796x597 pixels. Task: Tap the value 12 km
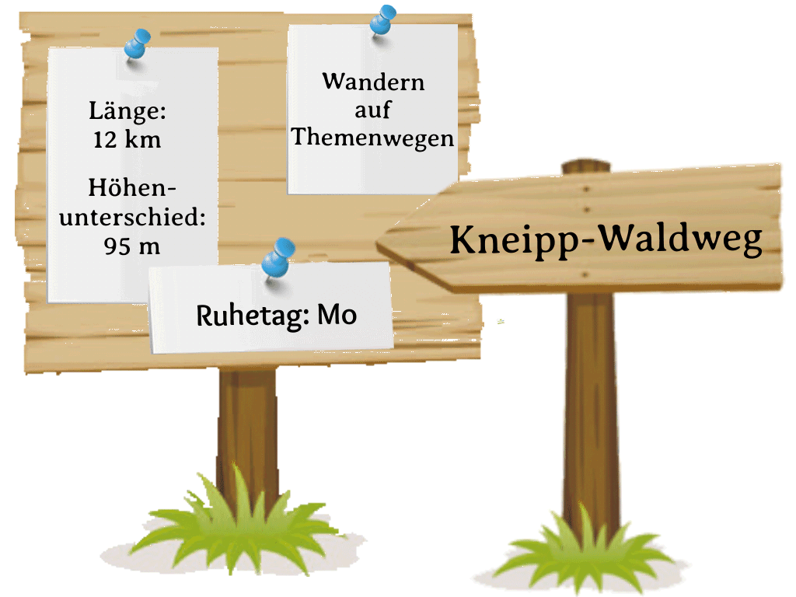tap(126, 140)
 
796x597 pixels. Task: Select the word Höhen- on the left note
tap(132, 189)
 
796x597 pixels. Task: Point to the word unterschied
tap(132, 218)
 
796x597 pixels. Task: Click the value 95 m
tap(131, 246)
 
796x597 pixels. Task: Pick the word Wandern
tap(373, 82)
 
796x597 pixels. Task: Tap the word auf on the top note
tap(372, 110)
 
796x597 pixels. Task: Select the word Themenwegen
tap(372, 138)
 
